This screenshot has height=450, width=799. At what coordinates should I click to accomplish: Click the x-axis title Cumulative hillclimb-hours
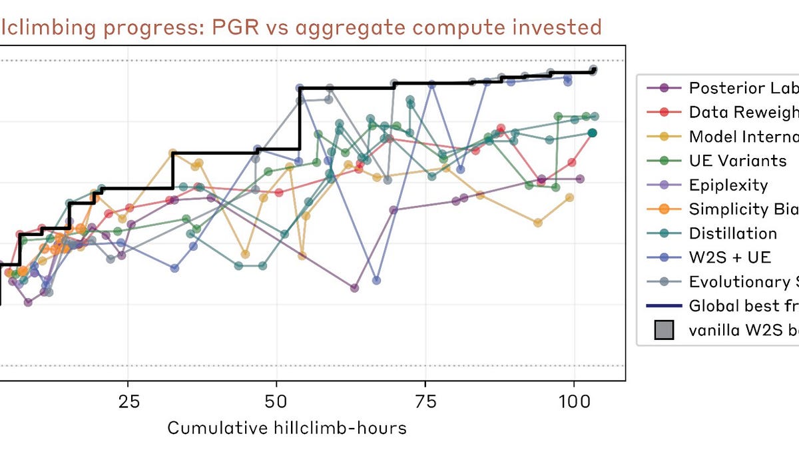pyautogui.click(x=286, y=427)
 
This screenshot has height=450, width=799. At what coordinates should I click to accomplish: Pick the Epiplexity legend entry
pyautogui.click(x=728, y=185)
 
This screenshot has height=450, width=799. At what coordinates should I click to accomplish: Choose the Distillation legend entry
pyautogui.click(x=732, y=233)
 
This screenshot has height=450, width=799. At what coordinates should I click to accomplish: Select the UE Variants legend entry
pyautogui.click(x=737, y=161)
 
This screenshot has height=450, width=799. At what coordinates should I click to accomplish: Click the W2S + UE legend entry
pyautogui.click(x=729, y=257)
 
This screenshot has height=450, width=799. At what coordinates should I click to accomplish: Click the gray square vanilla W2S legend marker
pyautogui.click(x=664, y=330)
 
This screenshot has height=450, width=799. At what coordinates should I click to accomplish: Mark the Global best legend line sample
pyautogui.click(x=664, y=306)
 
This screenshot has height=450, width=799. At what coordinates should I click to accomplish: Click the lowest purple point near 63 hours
pyautogui.click(x=354, y=288)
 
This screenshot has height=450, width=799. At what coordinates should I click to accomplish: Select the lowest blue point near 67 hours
pyautogui.click(x=377, y=280)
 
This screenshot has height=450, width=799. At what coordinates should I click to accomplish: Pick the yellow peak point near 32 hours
pyautogui.click(x=172, y=153)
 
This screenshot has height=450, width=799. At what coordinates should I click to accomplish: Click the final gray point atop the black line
pyautogui.click(x=594, y=69)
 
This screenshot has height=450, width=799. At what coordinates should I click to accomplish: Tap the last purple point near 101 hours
pyautogui.click(x=580, y=179)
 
